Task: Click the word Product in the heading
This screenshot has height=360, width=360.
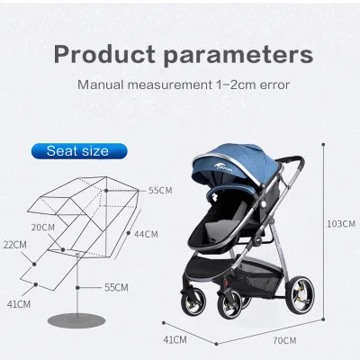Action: coord(104,54)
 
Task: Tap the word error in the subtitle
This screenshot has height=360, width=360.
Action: coord(274,85)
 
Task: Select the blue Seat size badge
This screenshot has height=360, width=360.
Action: coord(79,151)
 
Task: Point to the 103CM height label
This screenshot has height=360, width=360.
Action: coord(341,224)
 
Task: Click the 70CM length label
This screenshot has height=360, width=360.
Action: coord(284,340)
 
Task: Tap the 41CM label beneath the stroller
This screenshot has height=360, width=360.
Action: coord(175,340)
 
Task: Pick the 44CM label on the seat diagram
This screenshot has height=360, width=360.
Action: coord(146,234)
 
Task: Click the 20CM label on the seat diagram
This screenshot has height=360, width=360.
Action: coord(43,228)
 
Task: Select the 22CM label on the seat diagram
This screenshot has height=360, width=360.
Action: coord(15,245)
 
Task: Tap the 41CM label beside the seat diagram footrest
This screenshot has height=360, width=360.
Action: coord(19,304)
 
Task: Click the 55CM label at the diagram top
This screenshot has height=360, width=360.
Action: coord(160,191)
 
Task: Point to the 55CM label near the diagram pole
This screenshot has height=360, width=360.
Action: coord(116,287)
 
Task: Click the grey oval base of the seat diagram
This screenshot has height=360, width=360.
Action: coord(76,320)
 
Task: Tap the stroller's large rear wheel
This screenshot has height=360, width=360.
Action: coord(300,295)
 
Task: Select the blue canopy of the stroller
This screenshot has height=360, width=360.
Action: coord(237,162)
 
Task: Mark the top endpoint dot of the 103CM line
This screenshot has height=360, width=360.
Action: coord(323,145)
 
